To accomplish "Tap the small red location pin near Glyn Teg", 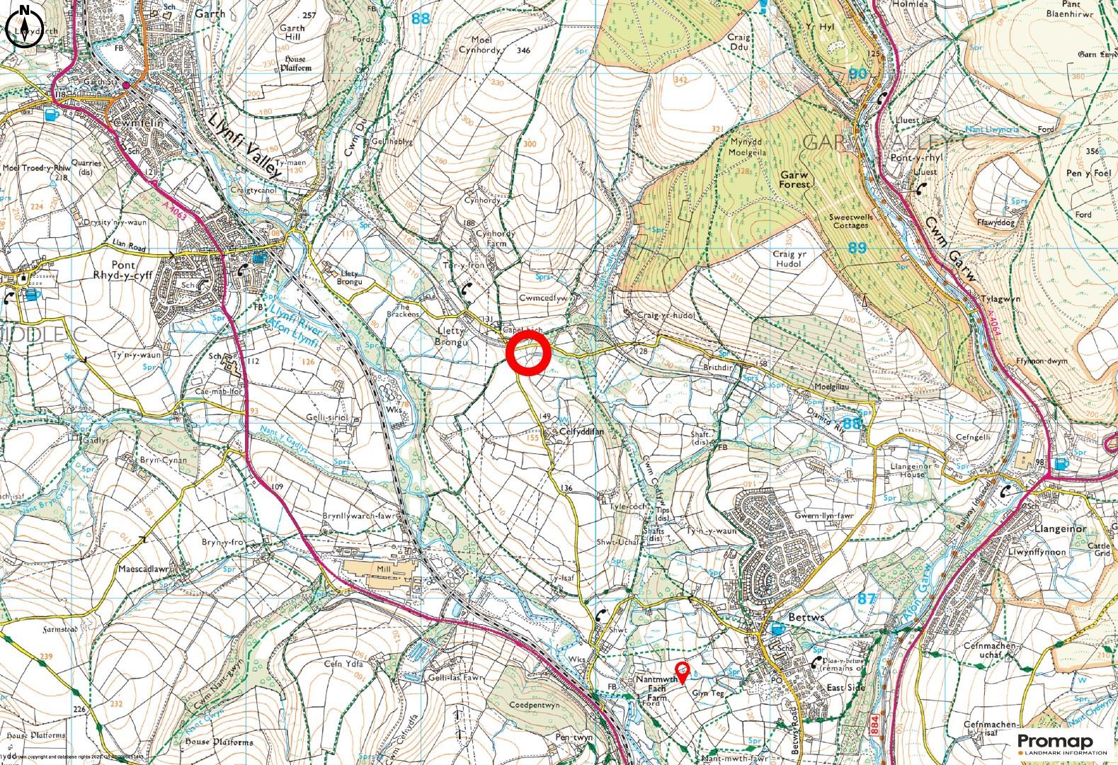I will (681, 670).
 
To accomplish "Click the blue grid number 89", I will (857, 247).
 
